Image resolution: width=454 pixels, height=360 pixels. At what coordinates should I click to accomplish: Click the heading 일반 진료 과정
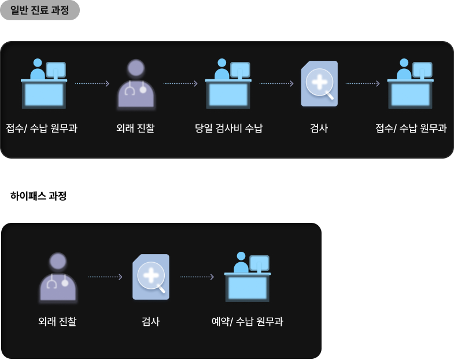39,10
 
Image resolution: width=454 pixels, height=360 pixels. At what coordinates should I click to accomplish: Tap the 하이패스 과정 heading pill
39,196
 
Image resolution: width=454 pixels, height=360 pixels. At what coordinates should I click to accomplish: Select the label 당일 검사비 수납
228,128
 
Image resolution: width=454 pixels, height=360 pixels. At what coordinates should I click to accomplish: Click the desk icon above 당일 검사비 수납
228,85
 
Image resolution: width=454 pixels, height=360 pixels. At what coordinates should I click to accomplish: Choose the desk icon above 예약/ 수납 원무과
247,278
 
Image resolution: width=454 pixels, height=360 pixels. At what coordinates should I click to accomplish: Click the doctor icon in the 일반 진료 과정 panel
136,85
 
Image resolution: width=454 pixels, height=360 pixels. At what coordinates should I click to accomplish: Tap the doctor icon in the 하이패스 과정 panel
58,278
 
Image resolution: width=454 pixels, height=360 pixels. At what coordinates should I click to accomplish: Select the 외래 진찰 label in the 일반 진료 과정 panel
135,128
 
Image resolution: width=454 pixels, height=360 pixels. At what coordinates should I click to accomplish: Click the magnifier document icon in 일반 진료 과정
319,85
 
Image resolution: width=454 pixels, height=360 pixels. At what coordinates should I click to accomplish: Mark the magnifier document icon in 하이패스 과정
151,278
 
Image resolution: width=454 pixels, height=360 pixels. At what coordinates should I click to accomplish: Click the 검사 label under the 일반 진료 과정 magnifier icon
319,128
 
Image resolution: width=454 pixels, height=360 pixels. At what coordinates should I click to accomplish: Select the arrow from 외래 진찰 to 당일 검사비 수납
180,84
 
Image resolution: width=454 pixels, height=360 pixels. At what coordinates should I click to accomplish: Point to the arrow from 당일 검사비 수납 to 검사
276,84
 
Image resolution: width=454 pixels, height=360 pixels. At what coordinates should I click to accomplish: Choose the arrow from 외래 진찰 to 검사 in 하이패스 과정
105,277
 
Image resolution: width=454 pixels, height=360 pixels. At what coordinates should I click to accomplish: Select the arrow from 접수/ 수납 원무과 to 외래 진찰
92,84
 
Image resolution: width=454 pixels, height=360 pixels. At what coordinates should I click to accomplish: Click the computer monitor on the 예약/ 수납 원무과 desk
259,263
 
